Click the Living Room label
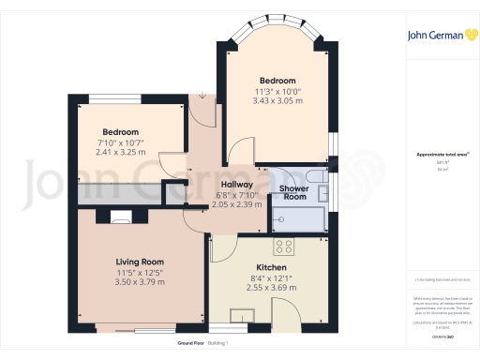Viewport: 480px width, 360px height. pyautogui.click(x=140, y=262)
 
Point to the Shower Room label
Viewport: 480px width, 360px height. pyautogui.click(x=294, y=193)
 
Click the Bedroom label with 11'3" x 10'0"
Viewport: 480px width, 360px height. pyautogui.click(x=277, y=81)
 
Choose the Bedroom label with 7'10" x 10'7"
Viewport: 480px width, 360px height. pyautogui.click(x=121, y=132)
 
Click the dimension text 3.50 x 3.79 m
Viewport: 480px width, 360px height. pyautogui.click(x=140, y=281)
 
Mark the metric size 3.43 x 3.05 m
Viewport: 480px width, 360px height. pyautogui.click(x=277, y=100)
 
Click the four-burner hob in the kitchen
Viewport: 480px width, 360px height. pyautogui.click(x=283, y=247)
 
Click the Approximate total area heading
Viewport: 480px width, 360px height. pyautogui.click(x=440, y=155)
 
